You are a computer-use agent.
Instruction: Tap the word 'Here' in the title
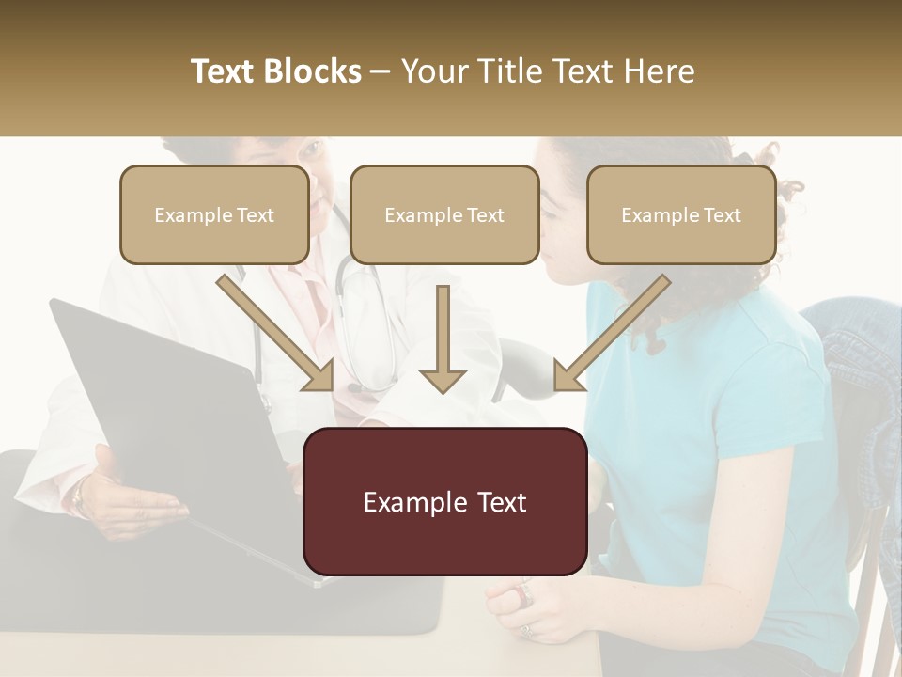pos(659,71)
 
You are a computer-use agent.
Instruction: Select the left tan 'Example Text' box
pos(214,215)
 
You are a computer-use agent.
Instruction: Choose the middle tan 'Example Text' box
pos(444,215)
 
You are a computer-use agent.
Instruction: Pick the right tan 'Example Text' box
pos(681,215)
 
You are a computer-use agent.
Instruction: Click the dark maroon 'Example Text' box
pos(444,502)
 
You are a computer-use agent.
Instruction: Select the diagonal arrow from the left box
pos(277,333)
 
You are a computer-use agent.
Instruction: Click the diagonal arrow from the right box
pos(611,333)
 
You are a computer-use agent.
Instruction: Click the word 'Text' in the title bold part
pos(225,71)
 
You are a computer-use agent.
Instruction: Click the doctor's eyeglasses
pos(310,150)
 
